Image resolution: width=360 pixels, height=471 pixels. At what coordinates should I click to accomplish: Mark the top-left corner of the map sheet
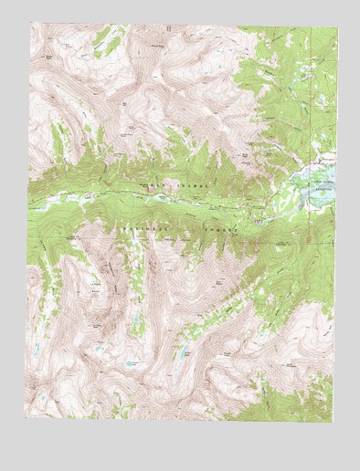[x=29, y=22]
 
